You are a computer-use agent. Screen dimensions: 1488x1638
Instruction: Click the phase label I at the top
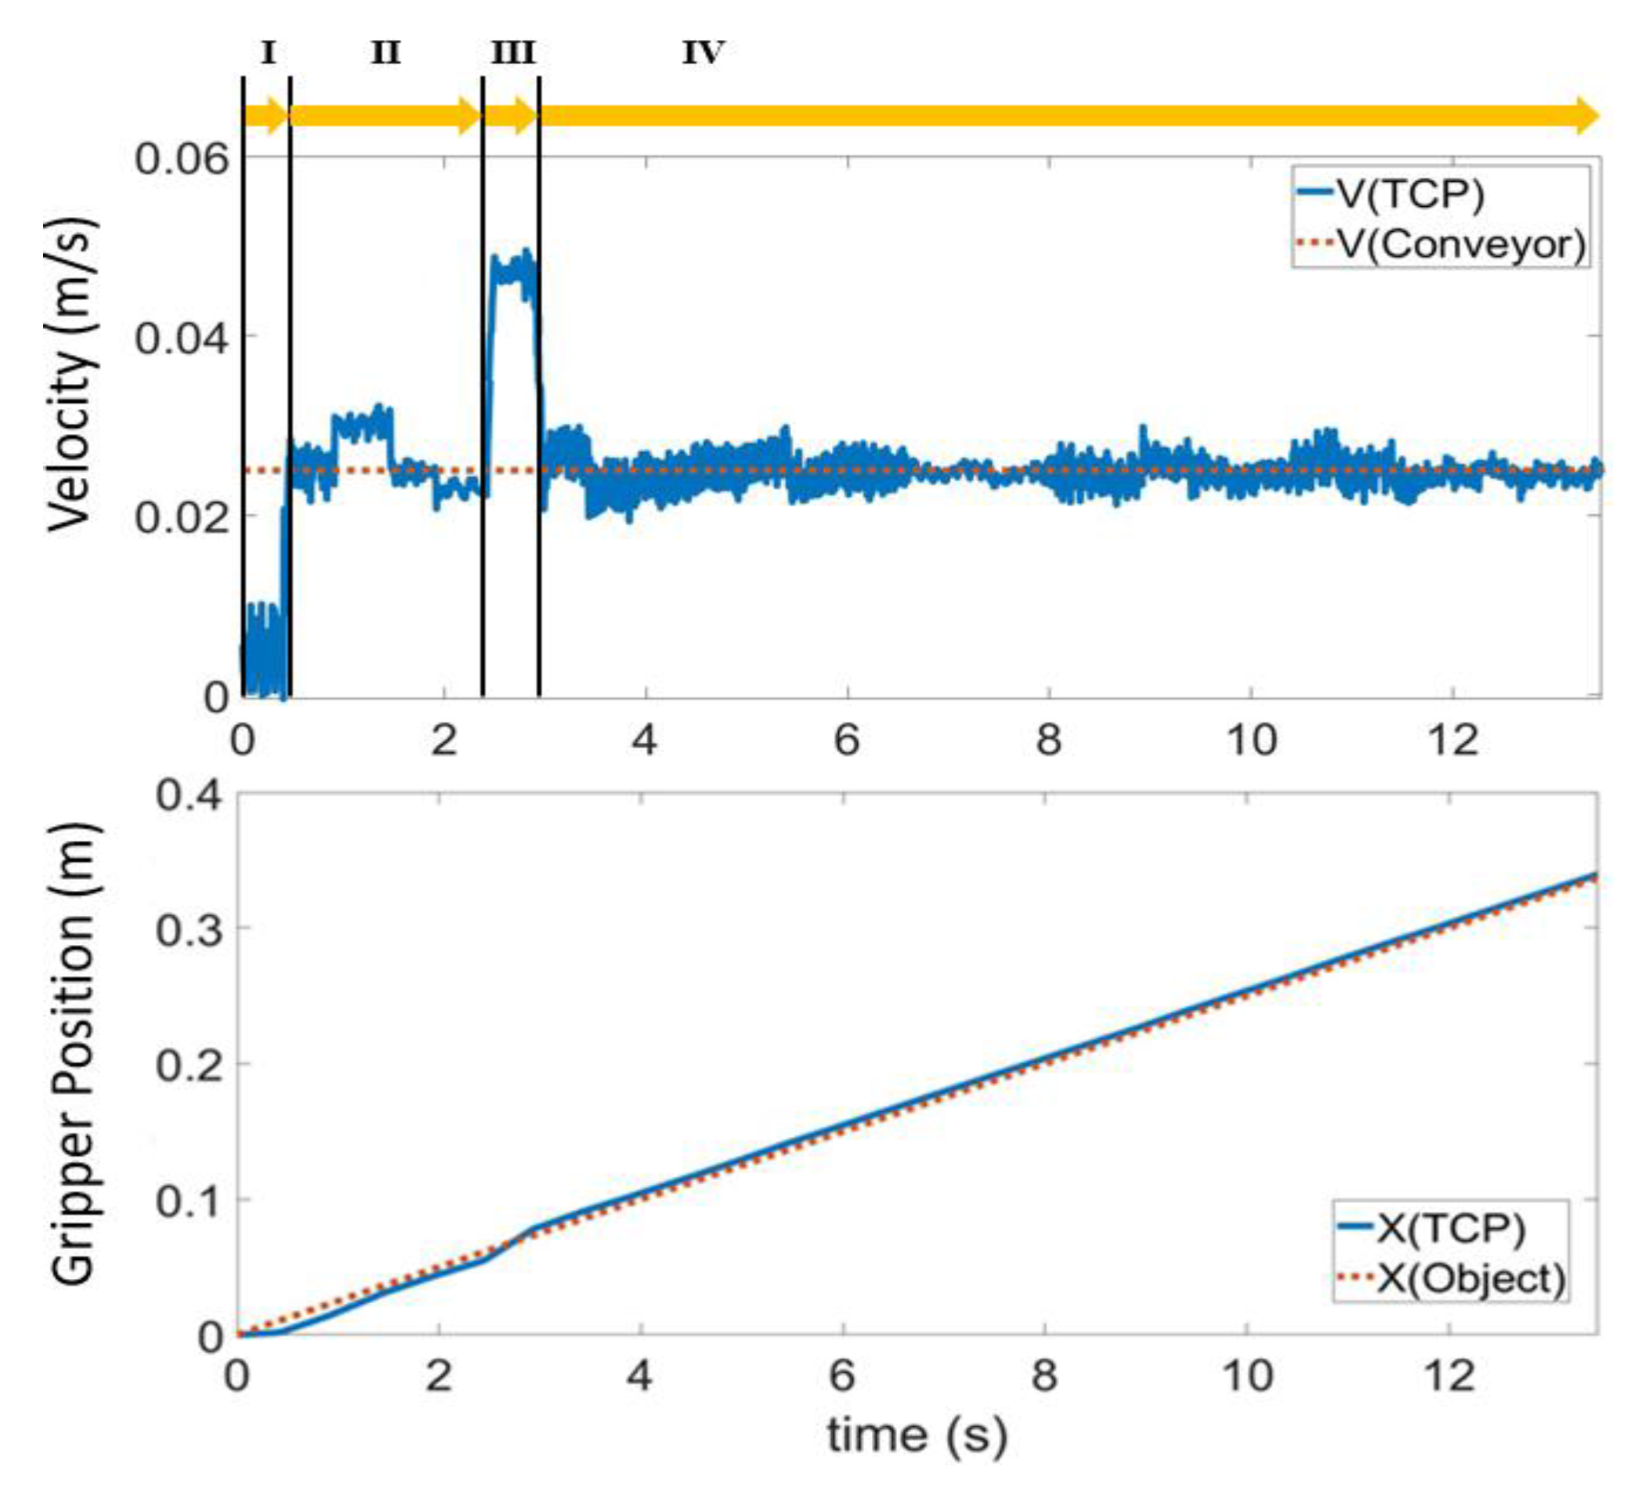[268, 53]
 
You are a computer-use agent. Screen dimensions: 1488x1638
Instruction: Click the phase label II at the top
[386, 53]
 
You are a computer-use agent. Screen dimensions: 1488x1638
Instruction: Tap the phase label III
[512, 53]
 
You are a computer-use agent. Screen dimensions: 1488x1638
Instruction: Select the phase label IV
[703, 53]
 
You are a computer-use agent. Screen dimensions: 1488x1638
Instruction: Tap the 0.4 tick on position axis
[190, 794]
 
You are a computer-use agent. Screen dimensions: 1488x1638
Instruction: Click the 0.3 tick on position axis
[190, 929]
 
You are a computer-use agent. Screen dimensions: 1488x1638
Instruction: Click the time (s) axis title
[917, 1436]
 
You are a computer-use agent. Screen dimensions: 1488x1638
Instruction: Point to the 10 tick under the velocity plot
[1251, 740]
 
